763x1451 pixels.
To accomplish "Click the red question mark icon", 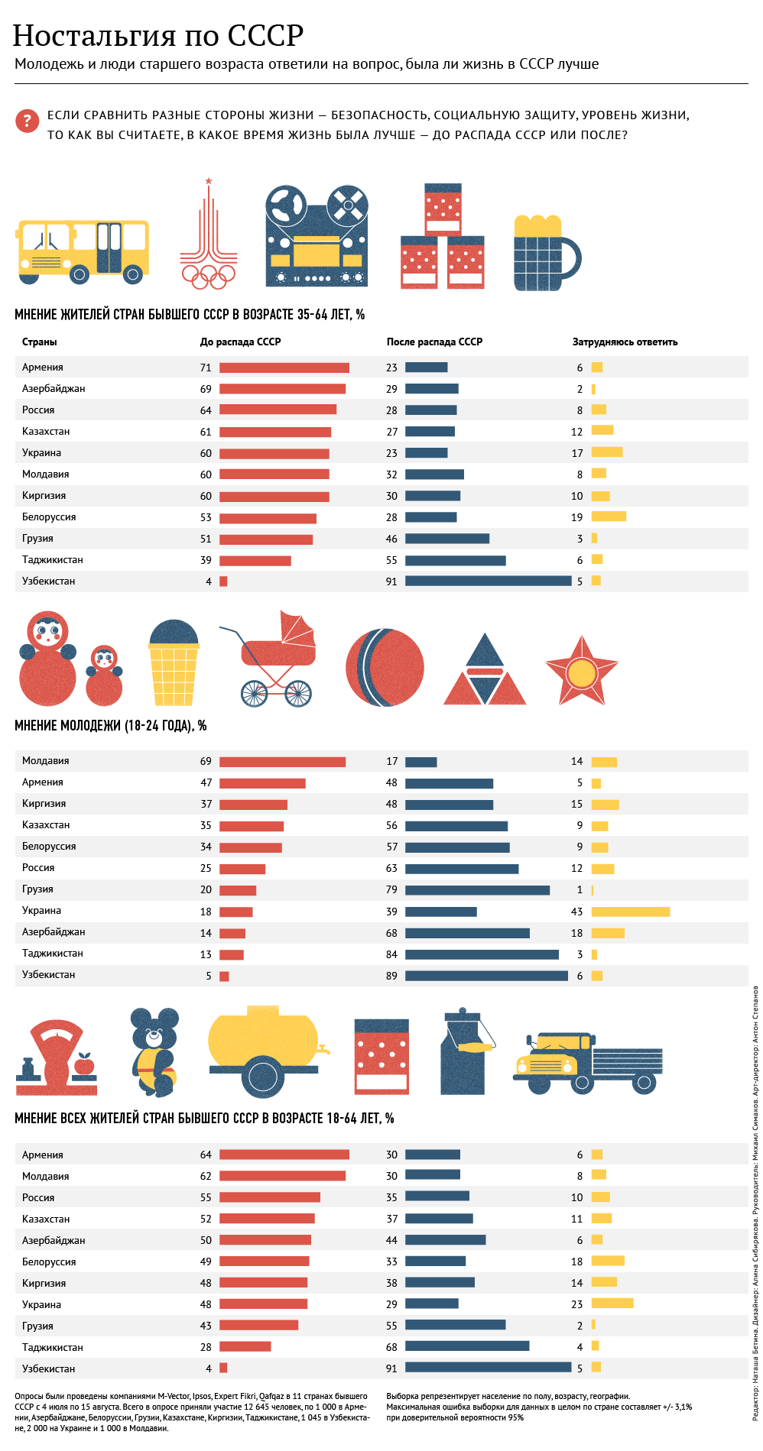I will pyautogui.click(x=27, y=121).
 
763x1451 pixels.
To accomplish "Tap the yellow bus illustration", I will pyautogui.click(x=83, y=251).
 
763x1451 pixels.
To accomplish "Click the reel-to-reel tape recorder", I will pyautogui.click(x=317, y=236).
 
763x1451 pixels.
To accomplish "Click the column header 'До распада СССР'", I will pyautogui.click(x=240, y=342).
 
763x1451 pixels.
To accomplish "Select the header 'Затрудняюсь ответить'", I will pyautogui.click(x=625, y=342).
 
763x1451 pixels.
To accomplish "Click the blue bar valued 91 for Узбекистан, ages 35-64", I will pyautogui.click(x=488, y=581).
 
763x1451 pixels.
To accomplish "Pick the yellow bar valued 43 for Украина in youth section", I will pyautogui.click(x=630, y=912).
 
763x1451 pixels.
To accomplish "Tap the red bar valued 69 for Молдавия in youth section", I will pyautogui.click(x=282, y=762).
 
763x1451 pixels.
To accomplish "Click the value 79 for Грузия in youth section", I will pyautogui.click(x=391, y=889).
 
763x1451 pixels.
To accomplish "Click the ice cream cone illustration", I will pyautogui.click(x=174, y=662).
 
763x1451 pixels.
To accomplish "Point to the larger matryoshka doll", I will pyautogui.click(x=47, y=659).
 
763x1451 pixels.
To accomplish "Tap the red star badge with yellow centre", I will pyautogui.click(x=581, y=670).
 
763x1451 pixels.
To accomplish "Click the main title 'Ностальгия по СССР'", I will pyautogui.click(x=158, y=36).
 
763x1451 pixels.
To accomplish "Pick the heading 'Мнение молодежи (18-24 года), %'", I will pyautogui.click(x=111, y=725).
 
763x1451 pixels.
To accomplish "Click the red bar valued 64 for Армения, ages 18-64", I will pyautogui.click(x=284, y=1155).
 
